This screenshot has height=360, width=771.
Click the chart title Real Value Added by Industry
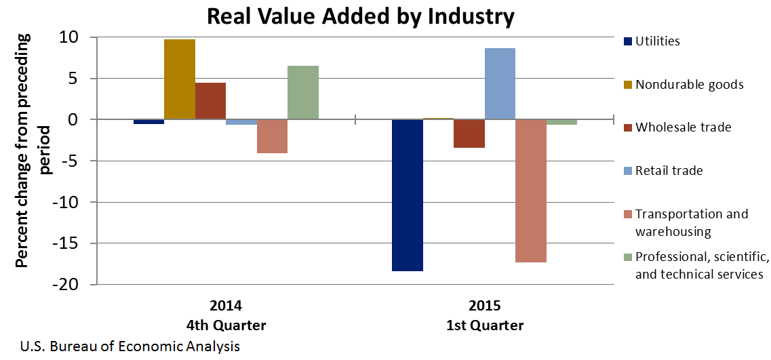(360, 16)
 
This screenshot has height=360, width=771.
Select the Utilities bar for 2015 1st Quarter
(408, 195)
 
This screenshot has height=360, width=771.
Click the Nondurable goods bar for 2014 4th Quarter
(180, 79)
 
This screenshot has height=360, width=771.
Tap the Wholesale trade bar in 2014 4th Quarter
(210, 101)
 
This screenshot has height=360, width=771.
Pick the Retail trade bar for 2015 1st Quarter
(500, 84)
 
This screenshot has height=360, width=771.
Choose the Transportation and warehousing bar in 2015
(531, 191)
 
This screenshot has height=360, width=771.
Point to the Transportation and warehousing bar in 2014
(272, 136)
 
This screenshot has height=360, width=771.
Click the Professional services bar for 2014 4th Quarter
(303, 93)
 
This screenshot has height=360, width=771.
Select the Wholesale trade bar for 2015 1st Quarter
(469, 134)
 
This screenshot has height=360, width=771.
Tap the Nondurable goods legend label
(689, 85)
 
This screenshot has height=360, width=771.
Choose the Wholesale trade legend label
(683, 127)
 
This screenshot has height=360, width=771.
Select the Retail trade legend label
(669, 170)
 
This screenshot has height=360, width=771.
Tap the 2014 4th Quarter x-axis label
(226, 315)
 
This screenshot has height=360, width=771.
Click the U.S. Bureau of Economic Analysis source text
(130, 347)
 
